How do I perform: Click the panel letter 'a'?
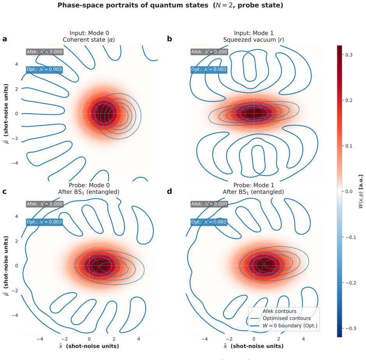(x=5, y=39)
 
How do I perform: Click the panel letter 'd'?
(x=169, y=191)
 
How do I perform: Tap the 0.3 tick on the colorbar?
(x=349, y=55)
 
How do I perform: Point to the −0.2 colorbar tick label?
(x=350, y=283)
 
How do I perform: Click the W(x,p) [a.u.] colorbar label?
(x=361, y=191)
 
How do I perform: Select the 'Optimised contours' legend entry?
(x=287, y=318)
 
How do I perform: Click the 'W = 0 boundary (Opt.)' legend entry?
(x=290, y=325)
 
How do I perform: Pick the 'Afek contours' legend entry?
(x=280, y=311)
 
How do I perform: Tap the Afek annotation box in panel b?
(x=209, y=52)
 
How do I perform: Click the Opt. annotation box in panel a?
(x=44, y=69)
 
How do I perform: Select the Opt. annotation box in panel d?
(x=209, y=222)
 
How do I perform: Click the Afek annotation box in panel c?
(x=45, y=204)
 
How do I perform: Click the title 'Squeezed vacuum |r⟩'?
(x=254, y=40)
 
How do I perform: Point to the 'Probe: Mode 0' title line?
(x=89, y=185)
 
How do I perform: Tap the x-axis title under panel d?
(x=253, y=346)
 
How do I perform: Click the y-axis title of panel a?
(x=6, y=114)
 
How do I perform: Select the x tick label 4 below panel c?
(x=139, y=339)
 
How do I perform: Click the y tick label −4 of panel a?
(x=15, y=163)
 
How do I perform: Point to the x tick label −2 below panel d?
(x=229, y=339)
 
